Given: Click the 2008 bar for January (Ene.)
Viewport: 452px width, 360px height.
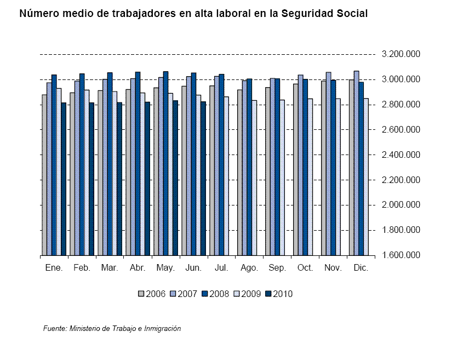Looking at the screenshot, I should point(54,164).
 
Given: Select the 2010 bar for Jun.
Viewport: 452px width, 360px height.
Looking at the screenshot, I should point(203,178).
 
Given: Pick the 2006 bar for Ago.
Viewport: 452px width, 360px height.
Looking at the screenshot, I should point(240,172).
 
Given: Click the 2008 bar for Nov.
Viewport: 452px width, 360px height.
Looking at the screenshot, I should point(333,168).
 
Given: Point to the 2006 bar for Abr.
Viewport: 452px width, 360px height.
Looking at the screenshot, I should point(128,172).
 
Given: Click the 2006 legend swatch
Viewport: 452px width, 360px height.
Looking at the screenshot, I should point(141,294).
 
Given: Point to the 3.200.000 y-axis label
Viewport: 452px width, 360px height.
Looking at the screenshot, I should point(400,54).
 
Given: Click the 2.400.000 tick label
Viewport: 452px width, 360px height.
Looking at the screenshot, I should point(400,155).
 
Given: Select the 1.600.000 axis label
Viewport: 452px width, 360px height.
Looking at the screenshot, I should point(400,255).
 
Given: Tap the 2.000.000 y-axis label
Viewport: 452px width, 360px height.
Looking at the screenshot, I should point(400,205).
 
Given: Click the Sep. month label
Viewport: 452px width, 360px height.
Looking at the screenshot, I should point(277,268).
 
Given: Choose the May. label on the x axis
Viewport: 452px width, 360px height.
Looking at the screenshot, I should point(165,268).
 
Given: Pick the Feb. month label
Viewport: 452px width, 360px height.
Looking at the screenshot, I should point(82,268).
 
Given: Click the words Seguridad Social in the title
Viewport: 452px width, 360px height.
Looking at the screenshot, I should point(324,14).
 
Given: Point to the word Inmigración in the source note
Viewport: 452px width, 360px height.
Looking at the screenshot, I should point(159,329).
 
